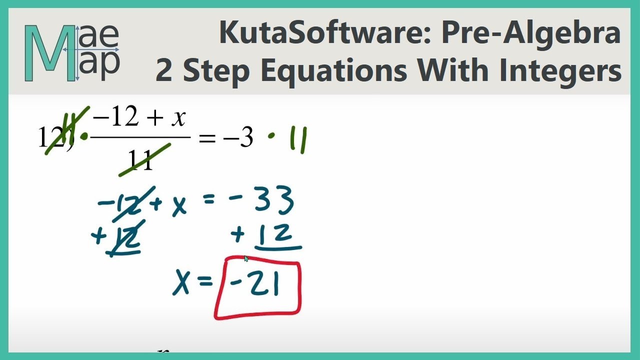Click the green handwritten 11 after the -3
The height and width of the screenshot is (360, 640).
[x=299, y=139]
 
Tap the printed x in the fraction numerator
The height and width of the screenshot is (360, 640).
[x=177, y=118]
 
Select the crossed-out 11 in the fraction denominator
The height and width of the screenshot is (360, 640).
[x=140, y=160]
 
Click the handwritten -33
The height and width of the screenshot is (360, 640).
[x=260, y=201]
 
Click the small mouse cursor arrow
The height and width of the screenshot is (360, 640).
[x=246, y=258]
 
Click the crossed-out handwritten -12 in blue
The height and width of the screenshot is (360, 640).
[x=120, y=204]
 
